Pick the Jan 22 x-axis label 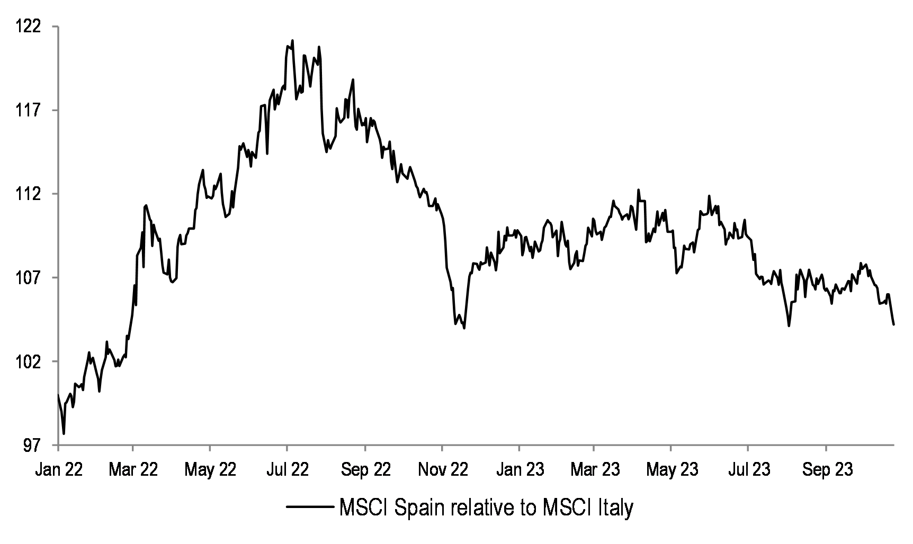tap(59, 469)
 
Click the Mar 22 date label tap(133, 469)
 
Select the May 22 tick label tap(210, 469)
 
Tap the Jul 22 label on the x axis tap(287, 469)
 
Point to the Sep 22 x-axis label tap(365, 469)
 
